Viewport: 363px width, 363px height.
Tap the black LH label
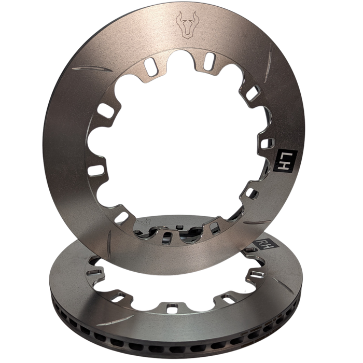click(x=281, y=160)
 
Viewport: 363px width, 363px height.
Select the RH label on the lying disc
click(x=264, y=244)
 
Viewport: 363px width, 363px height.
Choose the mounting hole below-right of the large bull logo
click(x=210, y=58)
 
